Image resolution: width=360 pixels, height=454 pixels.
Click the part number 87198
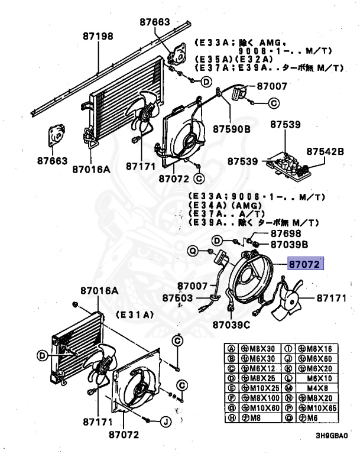97,36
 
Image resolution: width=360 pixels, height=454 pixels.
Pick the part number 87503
179,298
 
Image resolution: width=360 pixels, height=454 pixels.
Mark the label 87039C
232,325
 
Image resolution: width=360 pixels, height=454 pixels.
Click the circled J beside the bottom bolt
166,421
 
